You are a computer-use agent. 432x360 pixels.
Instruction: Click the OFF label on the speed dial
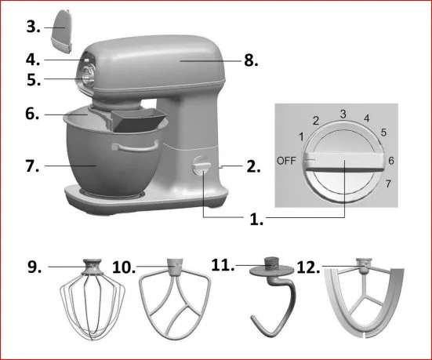click(286, 161)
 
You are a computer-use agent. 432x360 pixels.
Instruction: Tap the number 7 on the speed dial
click(388, 184)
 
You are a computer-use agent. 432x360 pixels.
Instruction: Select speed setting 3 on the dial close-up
click(343, 114)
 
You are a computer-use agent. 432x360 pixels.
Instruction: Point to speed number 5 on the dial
click(383, 133)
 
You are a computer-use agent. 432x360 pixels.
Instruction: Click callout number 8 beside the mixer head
click(251, 60)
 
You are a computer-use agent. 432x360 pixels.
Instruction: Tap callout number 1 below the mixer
click(256, 220)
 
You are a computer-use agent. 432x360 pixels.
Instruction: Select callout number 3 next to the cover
click(33, 27)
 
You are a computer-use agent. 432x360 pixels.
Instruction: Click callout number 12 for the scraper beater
click(308, 267)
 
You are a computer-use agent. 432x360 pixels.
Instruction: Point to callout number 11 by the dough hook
click(223, 264)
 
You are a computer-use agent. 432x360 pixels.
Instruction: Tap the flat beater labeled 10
click(175, 299)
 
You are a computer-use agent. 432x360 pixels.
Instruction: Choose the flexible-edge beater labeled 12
click(365, 298)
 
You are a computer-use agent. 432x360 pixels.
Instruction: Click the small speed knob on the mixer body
click(201, 165)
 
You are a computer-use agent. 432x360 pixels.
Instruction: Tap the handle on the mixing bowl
click(136, 146)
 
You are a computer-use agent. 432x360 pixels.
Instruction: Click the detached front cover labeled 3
click(62, 31)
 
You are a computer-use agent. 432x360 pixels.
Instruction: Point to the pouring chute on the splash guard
click(139, 119)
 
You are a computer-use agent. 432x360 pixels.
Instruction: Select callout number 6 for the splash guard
click(32, 114)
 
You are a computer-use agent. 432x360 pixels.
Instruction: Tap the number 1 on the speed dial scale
click(302, 136)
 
